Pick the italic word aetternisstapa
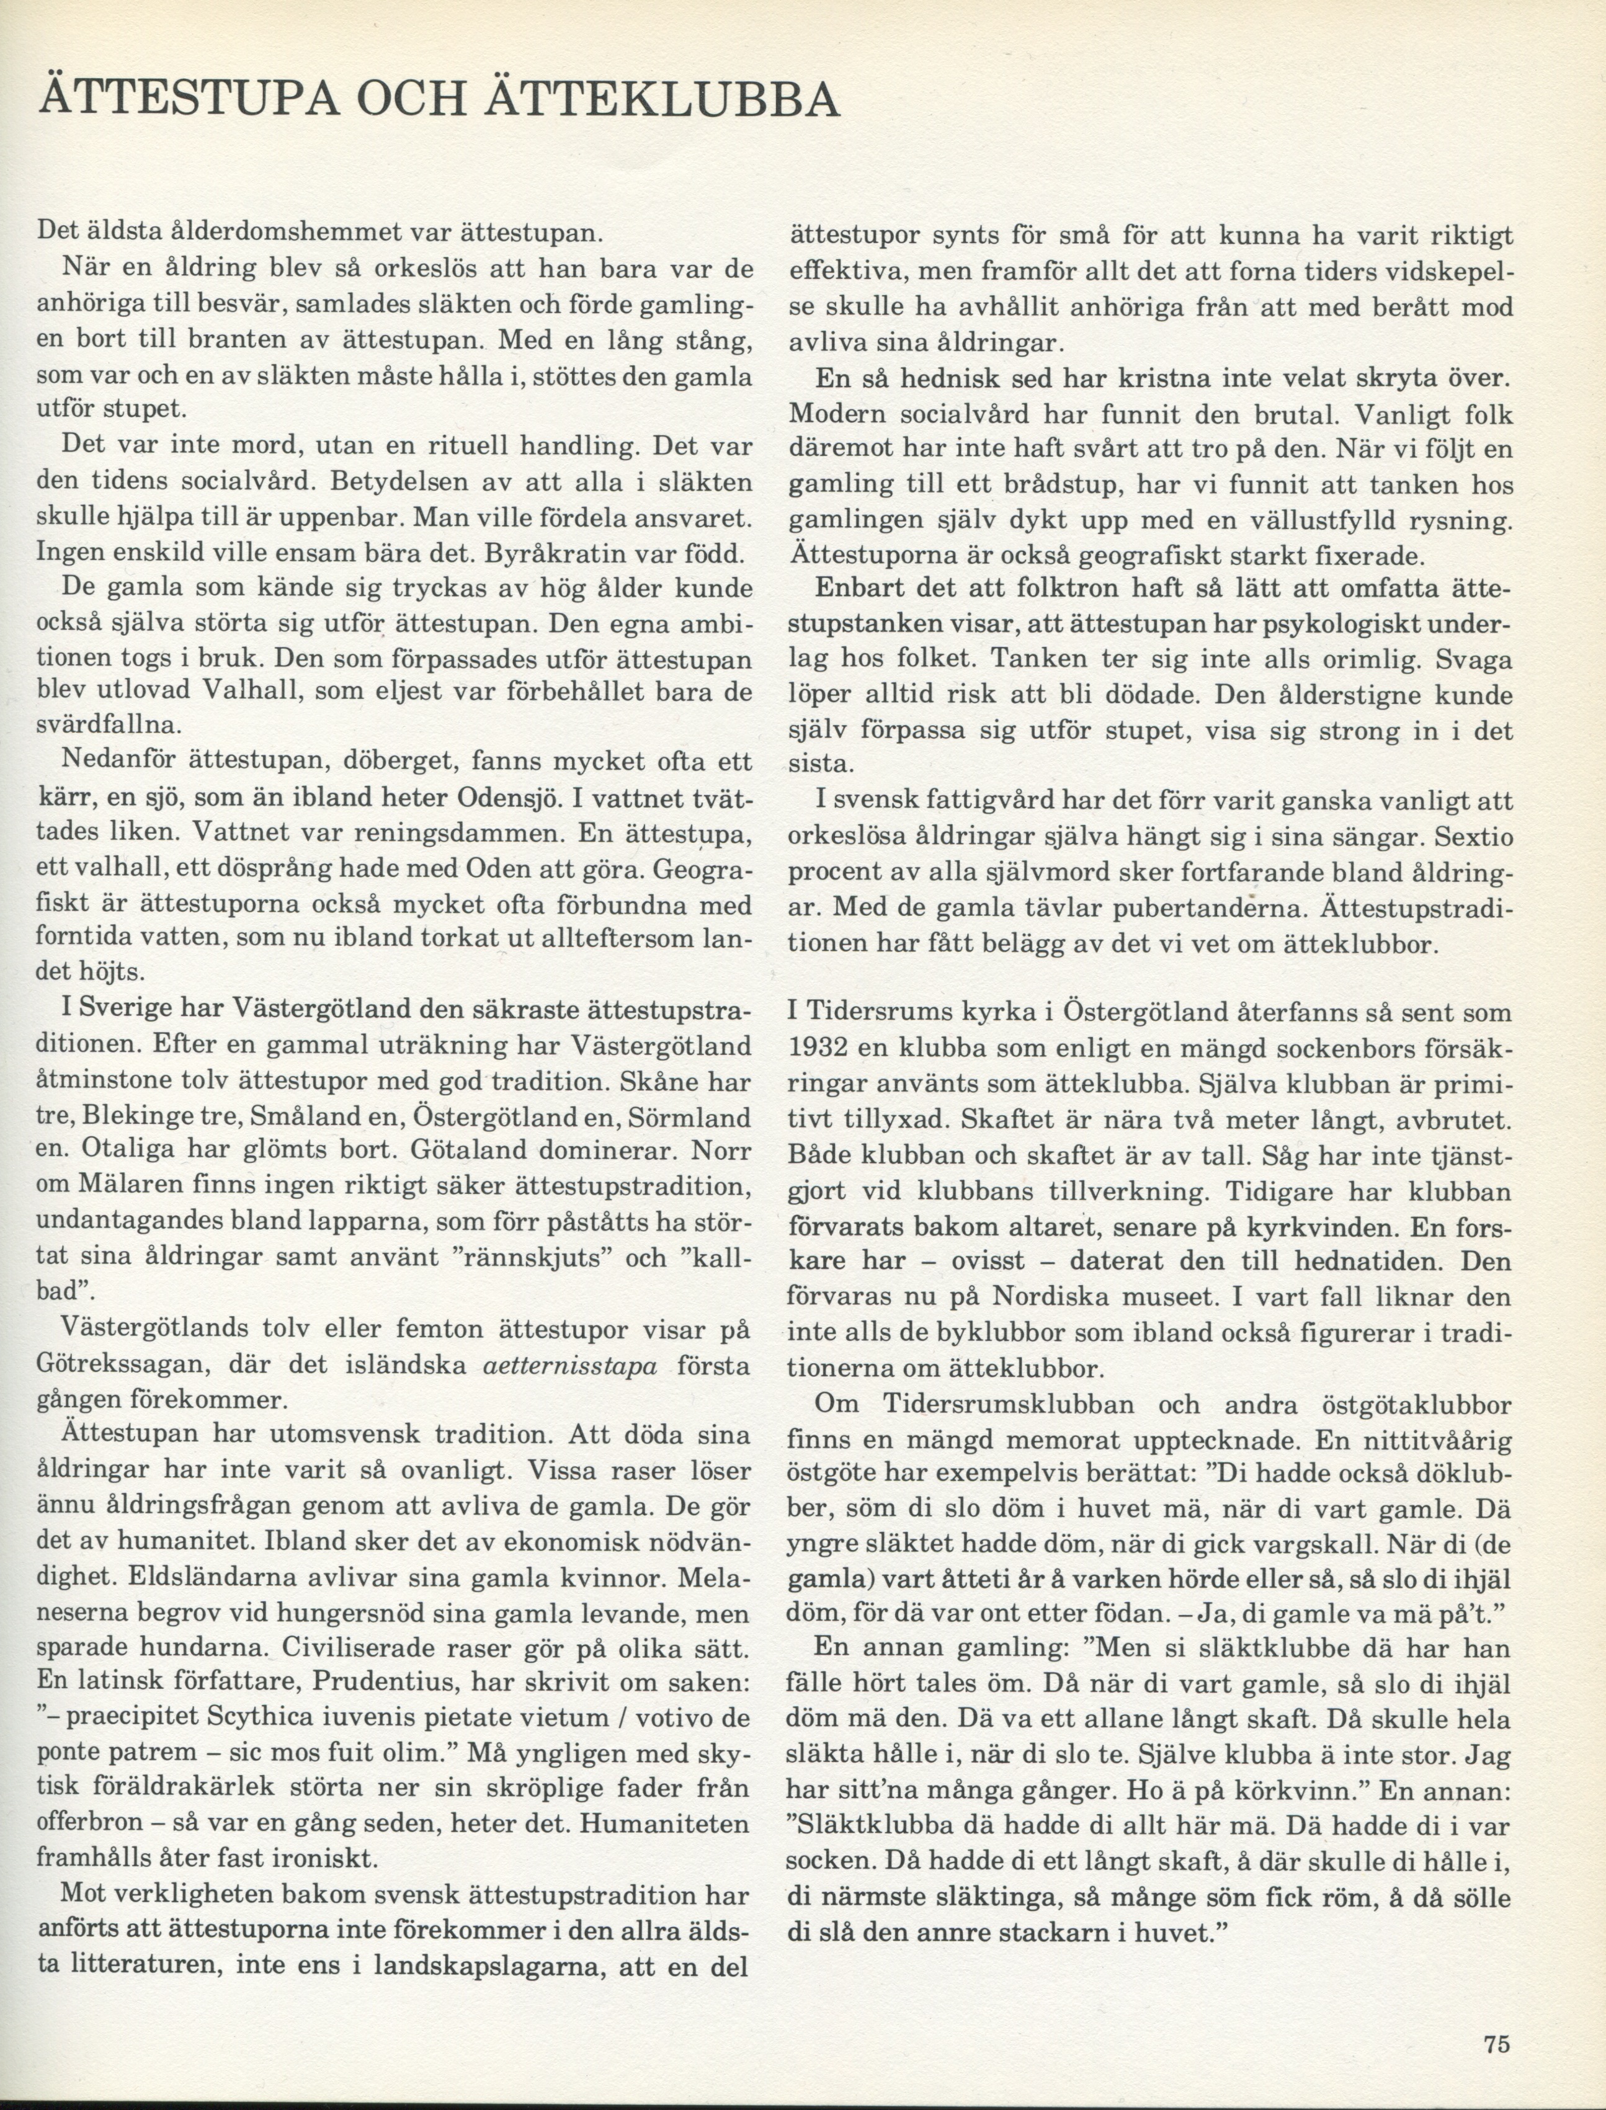tap(572, 1366)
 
